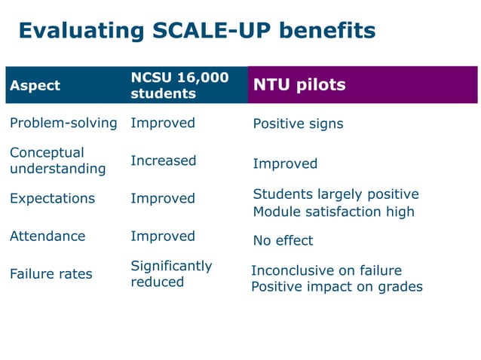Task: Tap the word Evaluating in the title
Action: click(x=72, y=31)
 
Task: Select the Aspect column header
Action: click(x=35, y=85)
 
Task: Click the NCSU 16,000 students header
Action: click(x=179, y=85)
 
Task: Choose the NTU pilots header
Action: click(x=299, y=84)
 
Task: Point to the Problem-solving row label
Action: click(x=63, y=123)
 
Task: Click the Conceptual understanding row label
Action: click(x=57, y=160)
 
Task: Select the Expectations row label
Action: click(x=53, y=198)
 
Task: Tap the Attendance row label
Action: click(x=47, y=236)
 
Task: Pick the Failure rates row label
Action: click(x=51, y=273)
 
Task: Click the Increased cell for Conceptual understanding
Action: click(x=163, y=160)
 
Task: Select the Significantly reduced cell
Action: click(x=171, y=273)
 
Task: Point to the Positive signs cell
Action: click(x=298, y=124)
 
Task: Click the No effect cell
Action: click(x=283, y=241)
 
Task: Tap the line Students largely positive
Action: click(x=335, y=194)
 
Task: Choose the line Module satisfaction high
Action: click(x=333, y=212)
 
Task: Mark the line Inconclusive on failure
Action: click(x=326, y=270)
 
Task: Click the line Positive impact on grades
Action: click(x=336, y=287)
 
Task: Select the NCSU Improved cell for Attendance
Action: click(x=163, y=236)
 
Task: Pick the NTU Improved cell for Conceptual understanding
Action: click(x=285, y=163)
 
